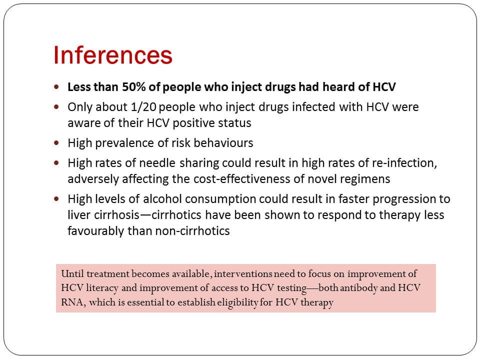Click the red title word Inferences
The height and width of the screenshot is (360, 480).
coord(113,55)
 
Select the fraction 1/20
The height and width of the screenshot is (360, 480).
coord(143,107)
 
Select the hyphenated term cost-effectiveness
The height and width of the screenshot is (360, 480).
coord(231,179)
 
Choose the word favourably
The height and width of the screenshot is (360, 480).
coord(96,231)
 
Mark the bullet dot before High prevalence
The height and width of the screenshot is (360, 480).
coord(56,142)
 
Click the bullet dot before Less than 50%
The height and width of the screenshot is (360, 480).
coord(56,86)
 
